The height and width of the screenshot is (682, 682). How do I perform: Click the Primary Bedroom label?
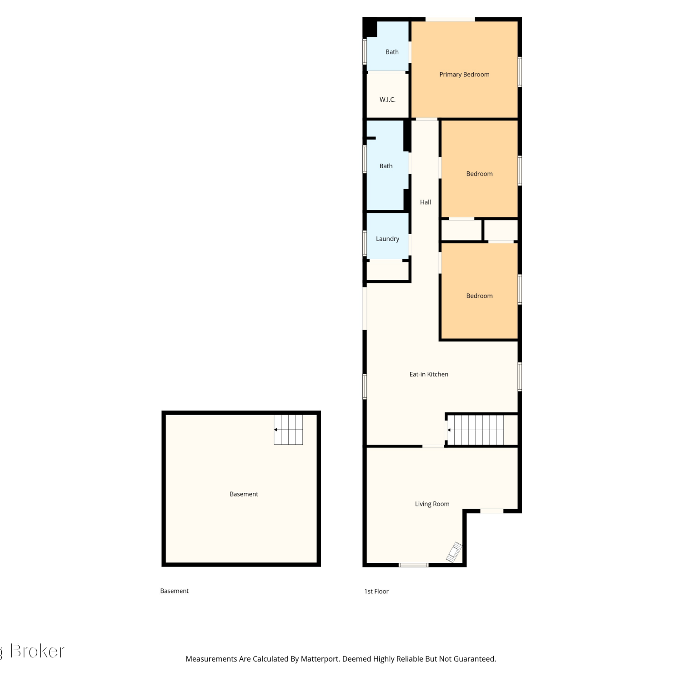click(464, 75)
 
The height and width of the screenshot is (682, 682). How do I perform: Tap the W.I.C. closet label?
click(387, 100)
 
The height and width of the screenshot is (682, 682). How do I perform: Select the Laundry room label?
click(387, 239)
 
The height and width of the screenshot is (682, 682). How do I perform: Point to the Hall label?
click(426, 202)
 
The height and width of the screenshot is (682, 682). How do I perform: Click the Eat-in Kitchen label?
click(429, 374)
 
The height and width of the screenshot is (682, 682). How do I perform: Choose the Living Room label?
click(432, 504)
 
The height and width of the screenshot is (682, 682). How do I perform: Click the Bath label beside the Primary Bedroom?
click(392, 52)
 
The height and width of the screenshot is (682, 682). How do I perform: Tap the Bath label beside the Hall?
click(386, 166)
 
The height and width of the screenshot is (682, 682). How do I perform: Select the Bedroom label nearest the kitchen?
click(479, 296)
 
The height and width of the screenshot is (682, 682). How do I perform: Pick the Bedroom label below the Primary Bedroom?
click(479, 174)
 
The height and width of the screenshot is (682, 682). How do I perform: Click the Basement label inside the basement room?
click(244, 494)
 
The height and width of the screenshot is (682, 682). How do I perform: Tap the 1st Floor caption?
click(376, 592)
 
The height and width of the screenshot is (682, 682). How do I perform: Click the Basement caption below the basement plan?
click(174, 591)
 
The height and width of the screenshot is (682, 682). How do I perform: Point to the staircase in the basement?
click(288, 429)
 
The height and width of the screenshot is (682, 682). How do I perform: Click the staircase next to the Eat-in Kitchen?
click(476, 430)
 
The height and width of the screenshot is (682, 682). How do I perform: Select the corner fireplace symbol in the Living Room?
click(455, 552)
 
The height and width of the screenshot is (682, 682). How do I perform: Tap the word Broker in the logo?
click(37, 651)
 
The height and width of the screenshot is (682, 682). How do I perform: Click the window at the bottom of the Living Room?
click(413, 565)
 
